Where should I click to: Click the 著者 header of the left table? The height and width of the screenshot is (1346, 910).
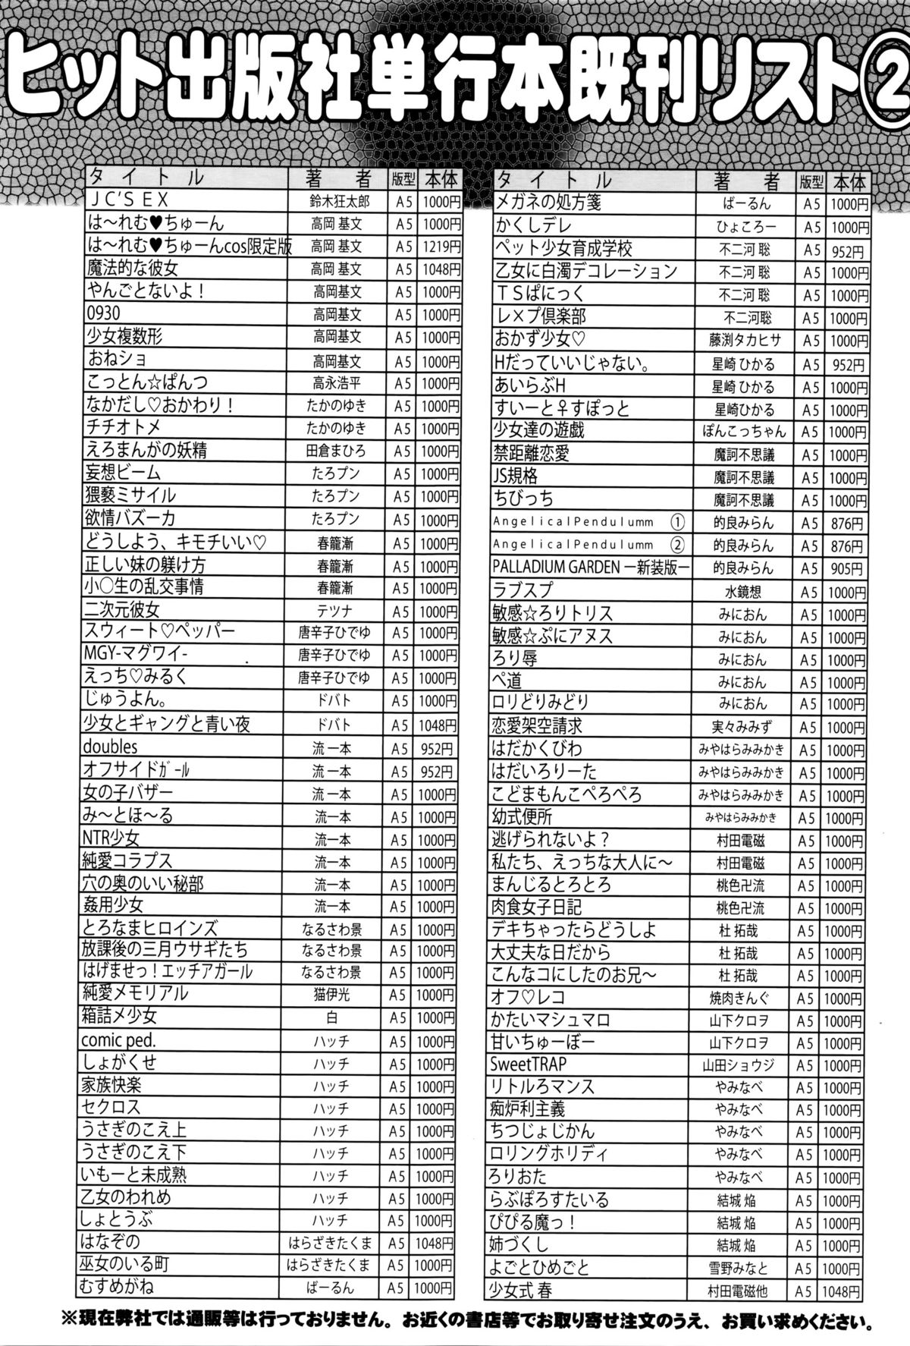(338, 179)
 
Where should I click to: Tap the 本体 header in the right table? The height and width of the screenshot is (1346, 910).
(849, 181)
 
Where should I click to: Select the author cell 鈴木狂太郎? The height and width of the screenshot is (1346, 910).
(338, 202)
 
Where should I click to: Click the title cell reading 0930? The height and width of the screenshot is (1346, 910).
(104, 314)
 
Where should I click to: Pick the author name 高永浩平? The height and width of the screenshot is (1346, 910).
(338, 383)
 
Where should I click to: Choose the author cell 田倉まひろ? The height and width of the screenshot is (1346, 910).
(337, 451)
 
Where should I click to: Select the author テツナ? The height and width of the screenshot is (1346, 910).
(337, 611)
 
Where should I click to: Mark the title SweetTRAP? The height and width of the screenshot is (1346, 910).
(529, 1065)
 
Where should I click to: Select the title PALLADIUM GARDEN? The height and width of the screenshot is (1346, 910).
(551, 568)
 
